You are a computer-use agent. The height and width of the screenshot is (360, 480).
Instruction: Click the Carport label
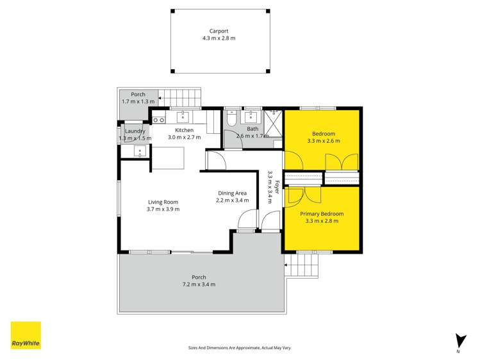pos(219,31)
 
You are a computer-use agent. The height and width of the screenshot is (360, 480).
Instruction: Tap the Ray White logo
pos(26,335)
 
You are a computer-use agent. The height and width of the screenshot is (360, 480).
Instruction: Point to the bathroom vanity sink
pos(252,117)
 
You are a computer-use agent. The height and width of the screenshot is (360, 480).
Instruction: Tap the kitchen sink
pos(183,116)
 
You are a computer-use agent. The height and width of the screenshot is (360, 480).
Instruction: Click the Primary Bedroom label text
pos(322,214)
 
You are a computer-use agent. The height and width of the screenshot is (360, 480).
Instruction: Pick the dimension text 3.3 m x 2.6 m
pos(324,141)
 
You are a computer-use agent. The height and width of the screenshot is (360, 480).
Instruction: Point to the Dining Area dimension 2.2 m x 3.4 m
pos(233,200)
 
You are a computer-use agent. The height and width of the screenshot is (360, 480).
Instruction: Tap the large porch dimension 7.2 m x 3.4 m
pos(199,284)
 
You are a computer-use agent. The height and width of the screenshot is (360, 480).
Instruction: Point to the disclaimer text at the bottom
pos(240,347)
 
